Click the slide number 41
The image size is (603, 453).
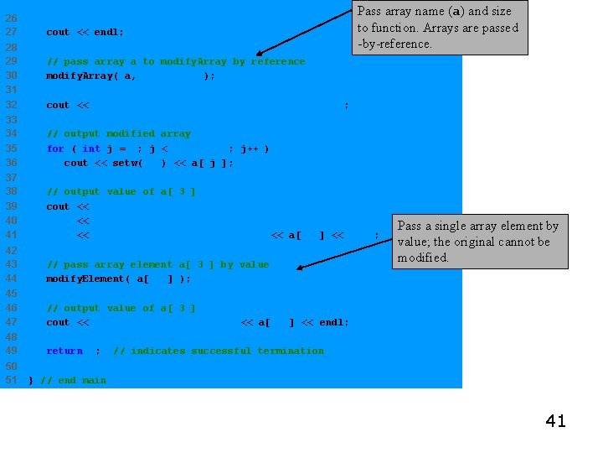point(555,421)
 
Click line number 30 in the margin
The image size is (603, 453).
point(12,75)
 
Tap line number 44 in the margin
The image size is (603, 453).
point(12,279)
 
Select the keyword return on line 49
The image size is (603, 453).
point(64,351)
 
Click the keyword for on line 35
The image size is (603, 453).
point(55,148)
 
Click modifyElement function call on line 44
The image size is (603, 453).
point(88,279)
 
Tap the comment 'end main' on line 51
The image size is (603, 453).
point(73,380)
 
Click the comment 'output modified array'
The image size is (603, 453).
point(119,133)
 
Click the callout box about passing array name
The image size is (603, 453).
point(440,28)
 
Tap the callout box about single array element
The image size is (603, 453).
point(479,242)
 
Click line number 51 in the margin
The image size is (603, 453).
point(12,380)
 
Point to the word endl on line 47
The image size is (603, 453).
point(332,322)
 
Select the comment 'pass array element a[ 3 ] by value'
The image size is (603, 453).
point(157,264)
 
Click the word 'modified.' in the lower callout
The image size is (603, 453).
point(423,258)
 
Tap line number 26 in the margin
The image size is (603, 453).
point(12,18)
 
